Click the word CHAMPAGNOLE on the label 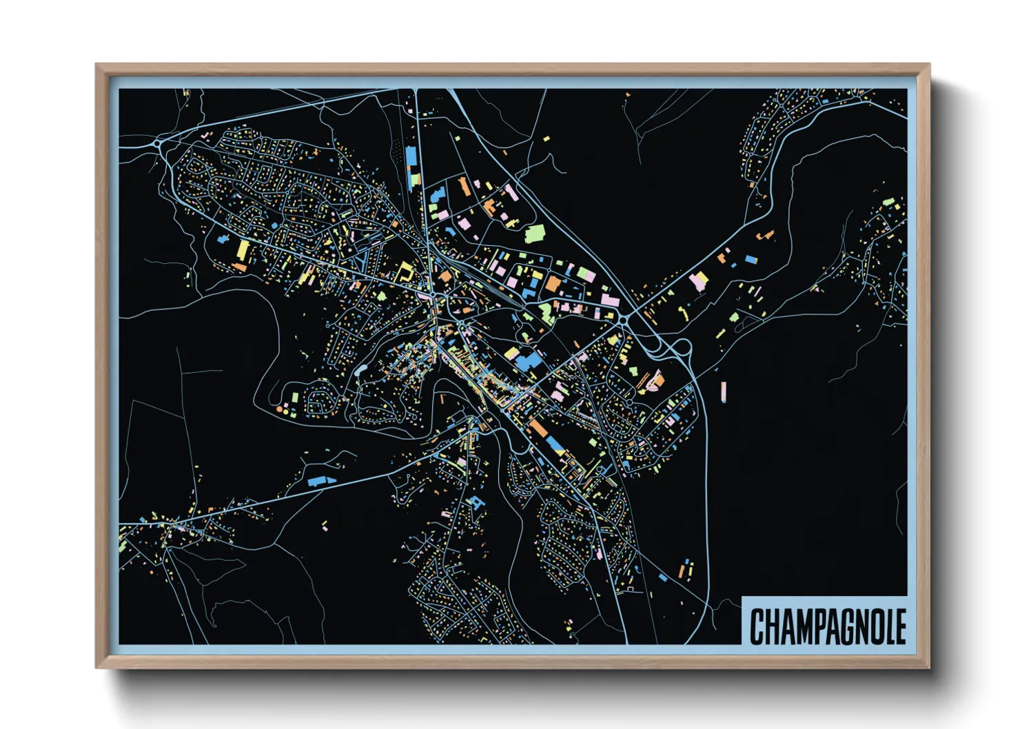(x=827, y=626)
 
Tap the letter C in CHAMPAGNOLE (x=757, y=626)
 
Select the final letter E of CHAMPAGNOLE (x=900, y=626)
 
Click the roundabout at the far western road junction (x=159, y=144)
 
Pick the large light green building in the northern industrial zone (x=535, y=234)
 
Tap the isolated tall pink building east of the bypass (x=723, y=391)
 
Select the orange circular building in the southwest (x=279, y=409)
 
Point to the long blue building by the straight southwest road (x=317, y=480)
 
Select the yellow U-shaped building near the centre (x=405, y=271)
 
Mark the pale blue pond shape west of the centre (x=360, y=370)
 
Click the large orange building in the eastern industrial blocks (x=553, y=283)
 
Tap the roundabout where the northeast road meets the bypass (x=625, y=319)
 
